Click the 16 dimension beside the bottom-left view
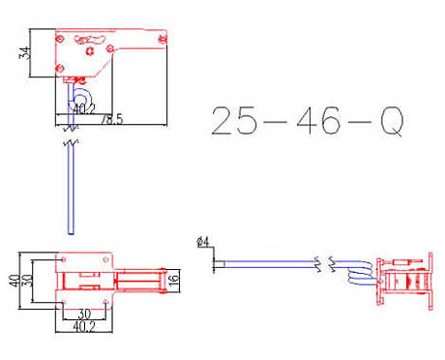[x=174, y=280]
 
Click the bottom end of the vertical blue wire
[x=70, y=230]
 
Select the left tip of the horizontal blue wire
[x=217, y=261]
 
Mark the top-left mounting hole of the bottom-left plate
[x=63, y=258]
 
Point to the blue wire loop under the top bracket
[x=81, y=98]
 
